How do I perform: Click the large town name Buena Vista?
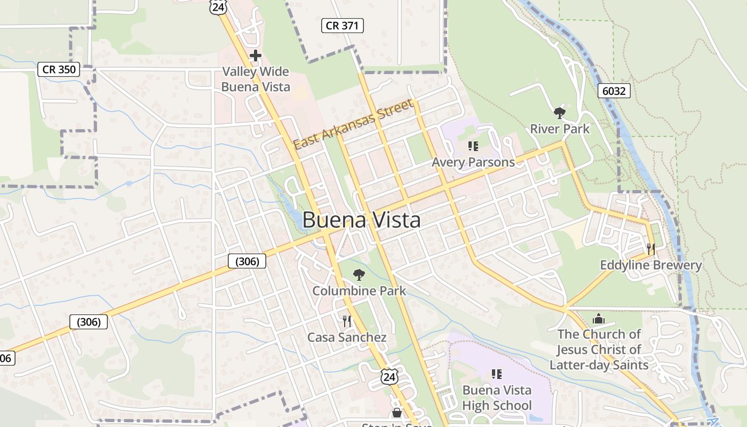(x=361, y=220)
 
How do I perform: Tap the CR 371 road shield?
(x=342, y=25)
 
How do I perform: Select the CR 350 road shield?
(x=59, y=69)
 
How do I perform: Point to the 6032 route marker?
(x=614, y=91)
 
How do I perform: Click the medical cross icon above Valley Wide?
(x=256, y=55)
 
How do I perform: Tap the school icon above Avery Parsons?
(x=473, y=146)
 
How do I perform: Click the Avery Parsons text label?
(x=473, y=162)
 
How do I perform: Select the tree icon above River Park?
(x=559, y=113)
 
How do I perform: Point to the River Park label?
(x=560, y=129)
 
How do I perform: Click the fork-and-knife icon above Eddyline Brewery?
(x=650, y=249)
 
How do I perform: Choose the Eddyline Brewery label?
(x=650, y=265)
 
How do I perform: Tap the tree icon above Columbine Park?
(x=359, y=275)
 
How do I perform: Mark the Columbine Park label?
(x=359, y=291)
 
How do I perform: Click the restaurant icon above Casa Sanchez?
(x=347, y=321)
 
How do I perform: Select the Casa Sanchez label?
(x=347, y=337)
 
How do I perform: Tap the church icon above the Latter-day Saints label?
(x=599, y=319)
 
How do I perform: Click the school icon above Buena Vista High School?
(x=497, y=374)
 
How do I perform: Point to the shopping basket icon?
(x=396, y=413)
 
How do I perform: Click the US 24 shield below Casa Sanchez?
(x=390, y=376)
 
